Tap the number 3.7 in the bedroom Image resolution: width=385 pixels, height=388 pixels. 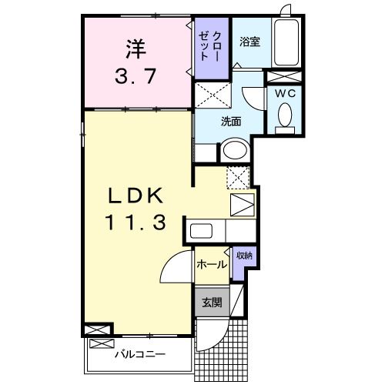pyautogui.click(x=136, y=77)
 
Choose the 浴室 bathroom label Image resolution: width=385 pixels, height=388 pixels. pyautogui.click(x=249, y=42)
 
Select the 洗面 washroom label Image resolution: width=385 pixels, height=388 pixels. pyautogui.click(x=232, y=120)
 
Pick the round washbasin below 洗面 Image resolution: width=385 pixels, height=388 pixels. pyautogui.click(x=235, y=150)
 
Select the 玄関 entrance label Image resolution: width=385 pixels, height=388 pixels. pyautogui.click(x=211, y=303)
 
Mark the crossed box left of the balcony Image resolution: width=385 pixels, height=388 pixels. pyautogui.click(x=99, y=329)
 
